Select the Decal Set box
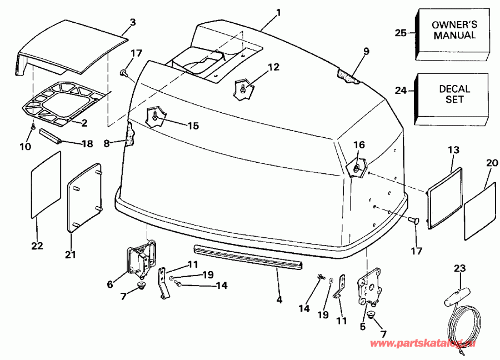452,99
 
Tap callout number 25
401,33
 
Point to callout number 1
278,13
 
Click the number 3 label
133,22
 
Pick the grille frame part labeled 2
63,103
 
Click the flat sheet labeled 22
46,184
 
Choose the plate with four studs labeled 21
84,197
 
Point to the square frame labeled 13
444,198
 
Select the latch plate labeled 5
369,286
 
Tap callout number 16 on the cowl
359,145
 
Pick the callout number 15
193,126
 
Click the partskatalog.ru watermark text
423,343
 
